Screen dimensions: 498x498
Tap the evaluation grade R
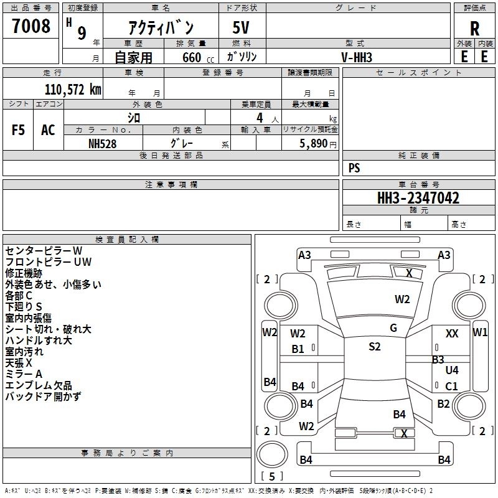pos(474,28)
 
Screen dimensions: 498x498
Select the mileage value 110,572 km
pos(73,89)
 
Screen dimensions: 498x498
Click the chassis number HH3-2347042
pos(418,198)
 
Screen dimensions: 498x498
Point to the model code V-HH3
pos(357,57)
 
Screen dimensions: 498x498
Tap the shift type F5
pos(19,129)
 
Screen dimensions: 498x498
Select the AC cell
pos(48,129)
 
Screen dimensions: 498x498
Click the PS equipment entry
pos(354,168)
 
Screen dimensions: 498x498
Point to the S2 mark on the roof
pos(374,347)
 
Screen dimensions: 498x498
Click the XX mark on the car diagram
pos(452,334)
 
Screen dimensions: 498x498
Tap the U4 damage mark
pos(452,370)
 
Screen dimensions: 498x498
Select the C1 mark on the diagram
pos(452,386)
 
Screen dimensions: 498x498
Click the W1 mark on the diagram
pos(480,332)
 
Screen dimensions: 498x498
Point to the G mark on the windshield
pos(393,327)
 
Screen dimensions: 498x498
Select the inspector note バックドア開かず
pos(43,397)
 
